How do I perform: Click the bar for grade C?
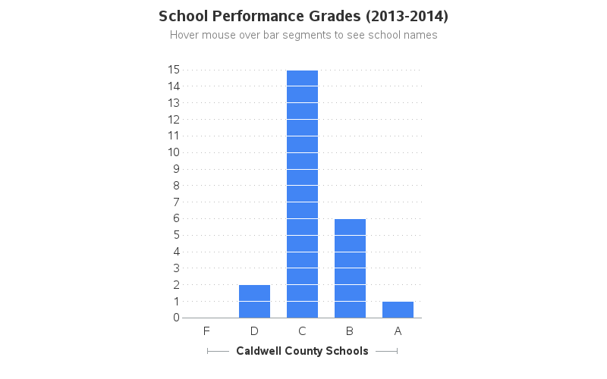(x=302, y=194)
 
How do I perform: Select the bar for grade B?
(x=350, y=268)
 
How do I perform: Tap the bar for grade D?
(x=254, y=301)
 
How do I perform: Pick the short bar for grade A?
(x=398, y=309)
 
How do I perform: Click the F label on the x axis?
(x=206, y=330)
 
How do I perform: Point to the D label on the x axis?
(x=254, y=330)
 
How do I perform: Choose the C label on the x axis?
(x=302, y=330)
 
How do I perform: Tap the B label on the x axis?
(x=350, y=330)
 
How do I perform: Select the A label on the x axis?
(x=398, y=330)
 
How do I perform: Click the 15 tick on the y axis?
(x=174, y=70)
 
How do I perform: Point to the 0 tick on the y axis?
(x=176, y=318)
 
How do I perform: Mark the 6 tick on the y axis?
(x=176, y=218)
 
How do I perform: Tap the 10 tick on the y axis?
(x=174, y=152)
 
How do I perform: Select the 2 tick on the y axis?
(x=176, y=284)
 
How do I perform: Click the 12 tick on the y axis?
(x=174, y=119)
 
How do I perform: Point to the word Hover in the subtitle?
(x=184, y=35)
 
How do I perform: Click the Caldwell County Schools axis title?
(x=302, y=351)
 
